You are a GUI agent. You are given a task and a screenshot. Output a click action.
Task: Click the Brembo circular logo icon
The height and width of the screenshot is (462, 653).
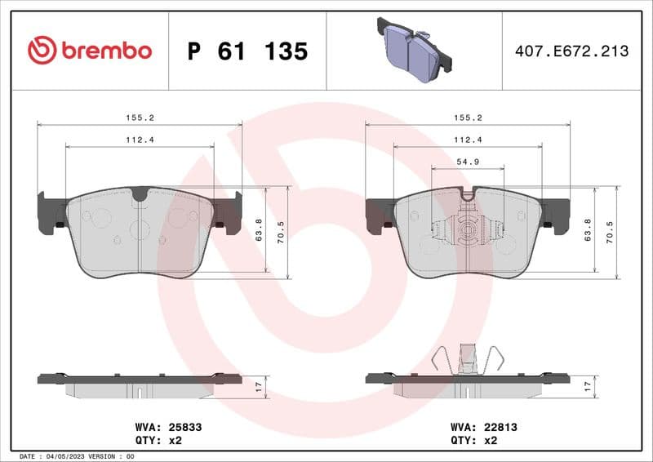click(42, 51)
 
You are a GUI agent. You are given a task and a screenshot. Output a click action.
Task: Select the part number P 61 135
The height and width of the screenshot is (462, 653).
click(247, 51)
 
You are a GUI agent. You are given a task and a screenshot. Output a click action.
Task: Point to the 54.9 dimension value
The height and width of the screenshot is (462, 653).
click(467, 161)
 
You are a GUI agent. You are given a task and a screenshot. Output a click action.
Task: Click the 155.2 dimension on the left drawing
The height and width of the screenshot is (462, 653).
click(140, 118)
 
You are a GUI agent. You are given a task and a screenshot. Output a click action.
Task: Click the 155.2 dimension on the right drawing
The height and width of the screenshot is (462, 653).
click(467, 118)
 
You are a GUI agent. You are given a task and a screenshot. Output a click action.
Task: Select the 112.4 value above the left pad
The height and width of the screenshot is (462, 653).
click(140, 140)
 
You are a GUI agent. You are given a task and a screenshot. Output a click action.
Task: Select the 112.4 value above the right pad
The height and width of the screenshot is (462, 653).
click(467, 140)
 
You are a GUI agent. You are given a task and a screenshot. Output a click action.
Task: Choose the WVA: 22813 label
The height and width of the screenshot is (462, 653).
click(484, 426)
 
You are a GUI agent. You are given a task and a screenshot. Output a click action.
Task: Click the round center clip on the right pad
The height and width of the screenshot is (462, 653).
click(468, 231)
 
